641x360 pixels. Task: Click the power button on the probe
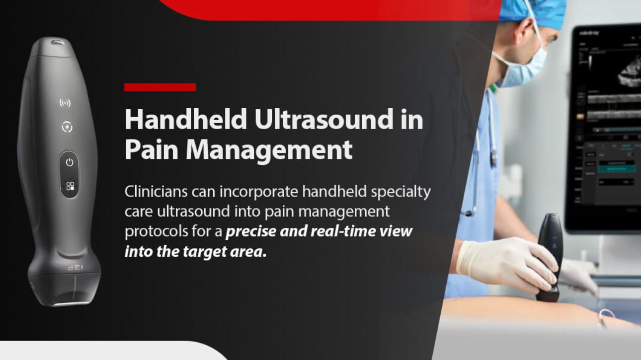[x=70, y=162]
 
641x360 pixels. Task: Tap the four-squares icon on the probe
[x=70, y=187]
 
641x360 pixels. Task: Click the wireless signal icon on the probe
[x=65, y=103]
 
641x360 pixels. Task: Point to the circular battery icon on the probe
[x=67, y=127]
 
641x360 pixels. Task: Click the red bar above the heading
[x=160, y=87]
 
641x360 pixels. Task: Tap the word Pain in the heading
[x=152, y=149]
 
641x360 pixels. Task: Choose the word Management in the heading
[x=269, y=150]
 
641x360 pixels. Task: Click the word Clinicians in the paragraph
[x=159, y=192]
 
